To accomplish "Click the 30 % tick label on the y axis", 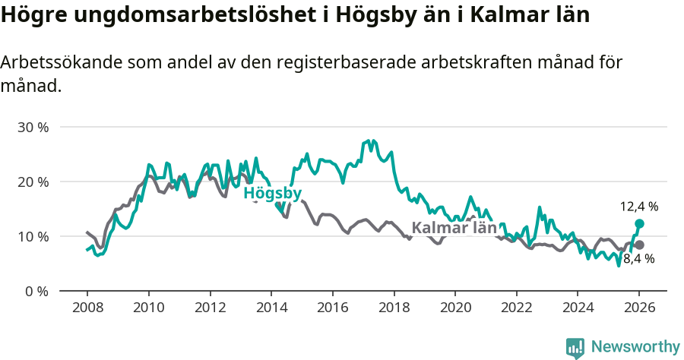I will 33,127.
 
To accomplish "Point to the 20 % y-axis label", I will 33,182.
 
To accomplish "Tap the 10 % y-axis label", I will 33,236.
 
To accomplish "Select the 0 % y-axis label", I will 36,291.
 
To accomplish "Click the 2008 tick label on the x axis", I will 87,310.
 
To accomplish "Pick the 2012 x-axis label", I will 210,310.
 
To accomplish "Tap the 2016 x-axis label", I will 332,310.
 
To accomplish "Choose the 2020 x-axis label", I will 455,310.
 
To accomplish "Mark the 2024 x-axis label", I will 578,310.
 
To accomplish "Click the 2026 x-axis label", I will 639,310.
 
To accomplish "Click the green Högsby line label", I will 272,194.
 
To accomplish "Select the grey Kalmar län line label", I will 454,228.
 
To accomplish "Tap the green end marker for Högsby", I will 639,223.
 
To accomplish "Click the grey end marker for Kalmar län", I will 639,245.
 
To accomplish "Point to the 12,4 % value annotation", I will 638,206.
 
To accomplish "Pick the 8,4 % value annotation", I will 638,259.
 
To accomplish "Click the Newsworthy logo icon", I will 575,347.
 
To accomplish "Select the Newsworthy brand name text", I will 635,347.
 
